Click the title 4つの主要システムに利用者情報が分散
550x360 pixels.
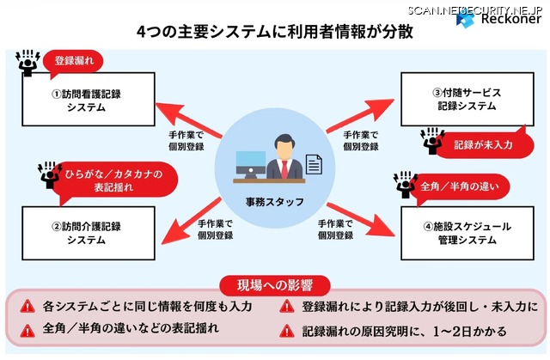pyautogui.click(x=274, y=32)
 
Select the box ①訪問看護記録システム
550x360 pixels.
pyautogui.click(x=85, y=101)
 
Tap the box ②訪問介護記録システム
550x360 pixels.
pyautogui.click(x=85, y=233)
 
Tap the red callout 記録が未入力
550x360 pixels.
pyautogui.click(x=483, y=144)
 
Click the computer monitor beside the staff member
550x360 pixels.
pyautogui.click(x=250, y=163)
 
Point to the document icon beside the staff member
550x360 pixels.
pyautogui.click(x=314, y=165)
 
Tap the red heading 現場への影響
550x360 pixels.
pyautogui.click(x=274, y=285)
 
